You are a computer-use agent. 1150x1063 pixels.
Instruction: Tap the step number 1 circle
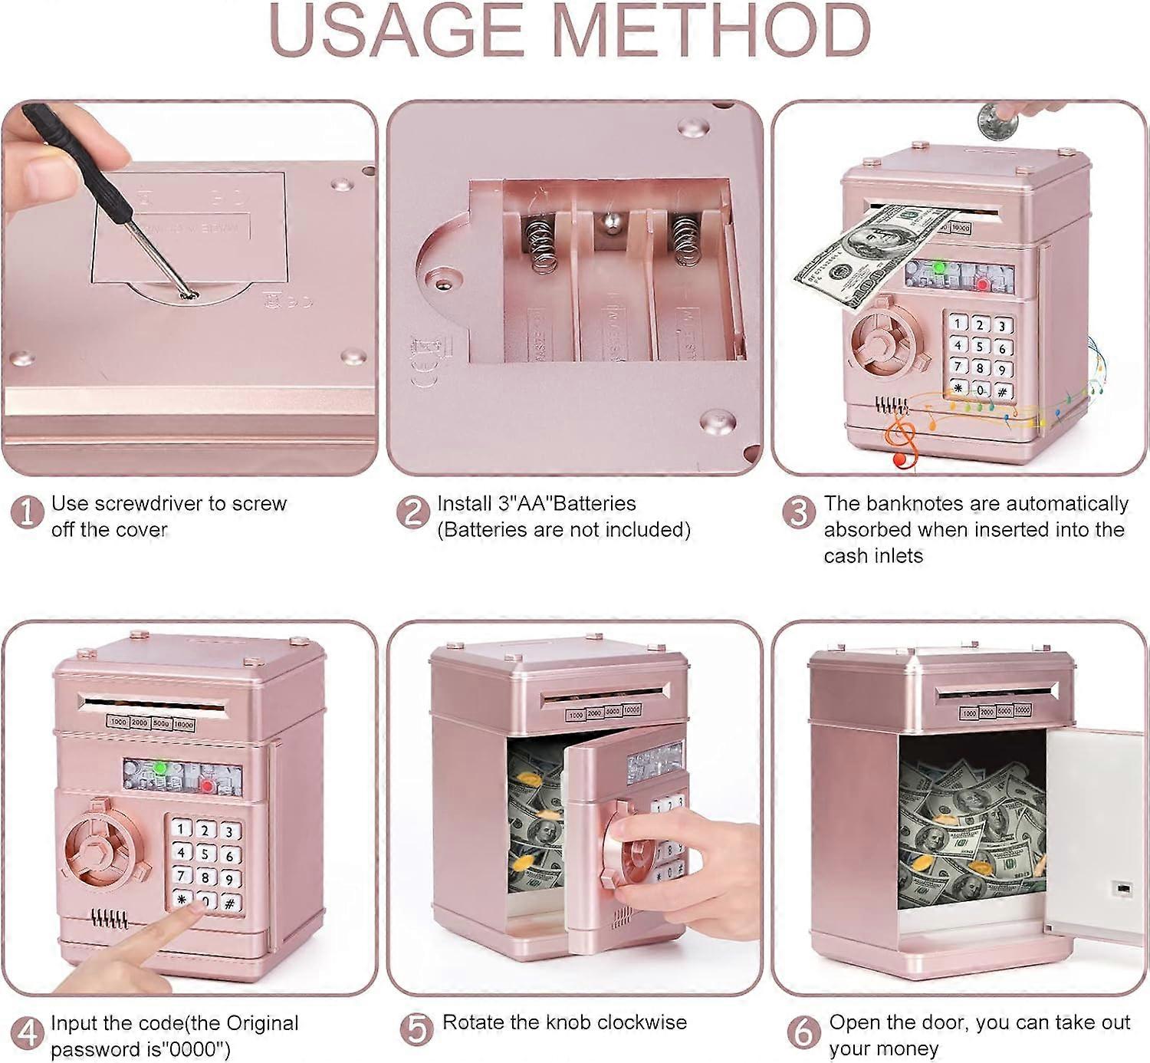tap(27, 512)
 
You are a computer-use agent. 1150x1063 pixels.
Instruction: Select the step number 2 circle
tap(413, 512)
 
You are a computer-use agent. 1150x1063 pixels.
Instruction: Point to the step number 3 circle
tap(799, 512)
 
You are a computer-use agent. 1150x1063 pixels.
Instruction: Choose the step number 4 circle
tap(27, 1032)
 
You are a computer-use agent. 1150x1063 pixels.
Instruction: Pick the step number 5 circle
tap(416, 1030)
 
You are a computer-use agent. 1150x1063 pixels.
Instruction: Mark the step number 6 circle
tap(803, 1032)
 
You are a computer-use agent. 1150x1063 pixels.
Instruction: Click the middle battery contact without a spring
tap(609, 222)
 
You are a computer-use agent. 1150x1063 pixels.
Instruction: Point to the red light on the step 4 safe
tap(207, 786)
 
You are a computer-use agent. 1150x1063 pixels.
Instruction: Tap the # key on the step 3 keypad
tap(1003, 392)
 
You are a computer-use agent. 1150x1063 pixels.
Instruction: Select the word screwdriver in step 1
tap(148, 503)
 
